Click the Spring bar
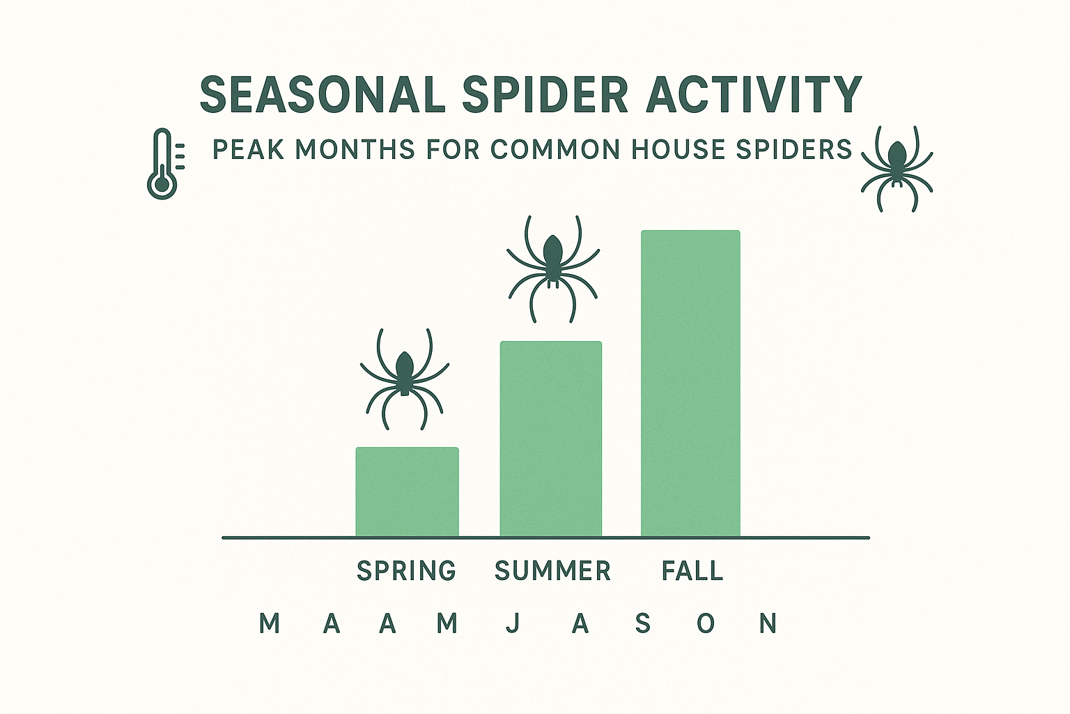[x=407, y=492]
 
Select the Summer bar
[x=550, y=439]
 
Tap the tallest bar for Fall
[x=690, y=383]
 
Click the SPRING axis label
[x=406, y=571]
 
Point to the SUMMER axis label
[x=552, y=571]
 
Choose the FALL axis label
[x=692, y=571]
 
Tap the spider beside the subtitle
[x=897, y=168]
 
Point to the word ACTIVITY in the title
[x=754, y=95]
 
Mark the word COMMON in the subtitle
[x=555, y=150]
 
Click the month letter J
[x=513, y=623]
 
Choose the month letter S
[x=642, y=623]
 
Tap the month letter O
[x=706, y=623]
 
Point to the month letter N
[x=768, y=623]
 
